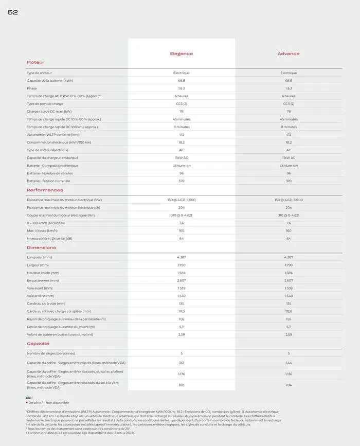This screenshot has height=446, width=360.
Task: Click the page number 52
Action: click(13, 12)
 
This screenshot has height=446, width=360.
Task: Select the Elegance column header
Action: click(182, 53)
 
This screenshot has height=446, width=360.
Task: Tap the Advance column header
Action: click(289, 53)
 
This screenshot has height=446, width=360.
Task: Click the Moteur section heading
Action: click(35, 62)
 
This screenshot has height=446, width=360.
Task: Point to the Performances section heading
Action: click(45, 190)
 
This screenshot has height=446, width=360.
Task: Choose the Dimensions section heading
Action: click(41, 247)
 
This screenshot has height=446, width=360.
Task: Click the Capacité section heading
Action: click(38, 343)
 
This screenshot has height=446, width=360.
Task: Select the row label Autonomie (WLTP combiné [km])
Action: click(53, 135)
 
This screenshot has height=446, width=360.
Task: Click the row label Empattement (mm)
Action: click(43, 280)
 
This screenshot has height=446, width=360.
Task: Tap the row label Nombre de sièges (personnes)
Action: click(50, 353)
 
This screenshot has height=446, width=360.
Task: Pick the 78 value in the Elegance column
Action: click(182, 112)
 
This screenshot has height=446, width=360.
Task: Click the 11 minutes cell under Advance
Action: click(289, 127)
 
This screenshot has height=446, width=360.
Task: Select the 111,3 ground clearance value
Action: click(182, 311)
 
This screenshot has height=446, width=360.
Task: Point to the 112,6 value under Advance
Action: click(289, 311)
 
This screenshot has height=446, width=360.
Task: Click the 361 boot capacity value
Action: click(182, 363)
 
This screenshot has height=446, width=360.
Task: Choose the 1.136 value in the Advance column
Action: click(289, 374)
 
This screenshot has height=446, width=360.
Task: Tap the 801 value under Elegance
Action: click(182, 385)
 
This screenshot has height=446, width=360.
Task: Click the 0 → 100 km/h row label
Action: click(46, 223)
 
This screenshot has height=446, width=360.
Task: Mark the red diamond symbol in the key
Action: click(27, 403)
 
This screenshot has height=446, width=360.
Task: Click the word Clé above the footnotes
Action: click(29, 398)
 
